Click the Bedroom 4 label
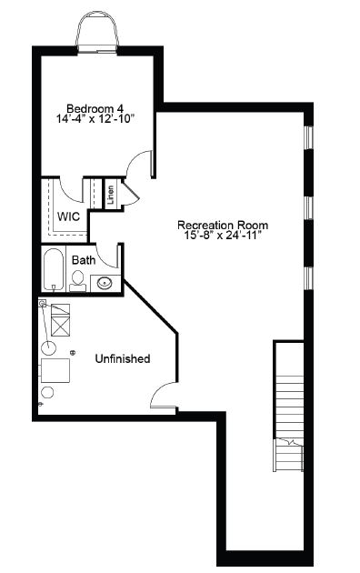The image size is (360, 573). (x=95, y=108)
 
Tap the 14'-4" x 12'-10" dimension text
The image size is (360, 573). (x=95, y=119)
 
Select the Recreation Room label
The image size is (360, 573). (x=223, y=225)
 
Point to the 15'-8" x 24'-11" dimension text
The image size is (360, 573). (x=223, y=235)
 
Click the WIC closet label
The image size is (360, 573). (x=68, y=216)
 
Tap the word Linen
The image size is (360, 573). (x=111, y=195)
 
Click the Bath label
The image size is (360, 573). (x=84, y=260)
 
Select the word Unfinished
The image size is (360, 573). (x=123, y=358)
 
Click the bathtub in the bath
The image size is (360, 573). (x=54, y=269)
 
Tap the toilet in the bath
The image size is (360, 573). (x=77, y=281)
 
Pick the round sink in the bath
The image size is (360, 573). (x=105, y=283)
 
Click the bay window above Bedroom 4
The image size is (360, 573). (x=97, y=31)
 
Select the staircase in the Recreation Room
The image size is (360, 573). (x=288, y=406)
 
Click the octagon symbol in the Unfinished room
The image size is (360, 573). (x=47, y=393)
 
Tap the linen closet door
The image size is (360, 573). (x=130, y=192)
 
